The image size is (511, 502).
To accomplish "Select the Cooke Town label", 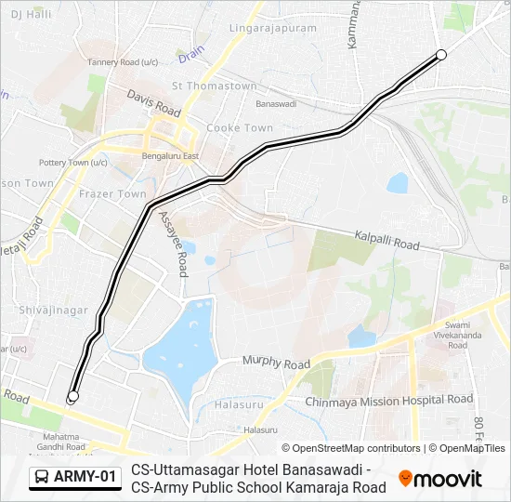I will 240,127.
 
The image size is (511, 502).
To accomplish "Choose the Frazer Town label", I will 112,193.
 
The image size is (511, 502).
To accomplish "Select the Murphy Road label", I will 276,362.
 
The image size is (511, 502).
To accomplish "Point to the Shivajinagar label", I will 53,310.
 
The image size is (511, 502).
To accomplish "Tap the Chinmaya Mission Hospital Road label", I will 389,401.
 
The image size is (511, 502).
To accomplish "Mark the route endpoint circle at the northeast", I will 441,55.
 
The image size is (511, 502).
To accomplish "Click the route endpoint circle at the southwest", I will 73,397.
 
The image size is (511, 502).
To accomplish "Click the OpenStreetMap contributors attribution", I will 350,448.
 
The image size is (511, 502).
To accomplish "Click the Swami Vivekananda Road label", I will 457,334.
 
